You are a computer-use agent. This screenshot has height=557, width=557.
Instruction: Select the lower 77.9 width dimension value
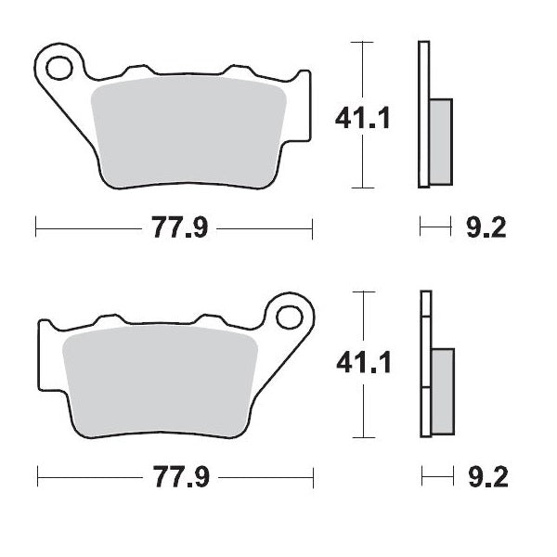click(x=174, y=478)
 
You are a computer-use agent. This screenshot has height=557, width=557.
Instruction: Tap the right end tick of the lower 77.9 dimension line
click(x=313, y=478)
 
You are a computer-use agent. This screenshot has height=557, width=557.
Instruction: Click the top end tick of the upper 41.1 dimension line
click(x=362, y=42)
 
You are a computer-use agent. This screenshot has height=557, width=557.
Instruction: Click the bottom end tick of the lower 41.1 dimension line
click(x=362, y=435)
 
